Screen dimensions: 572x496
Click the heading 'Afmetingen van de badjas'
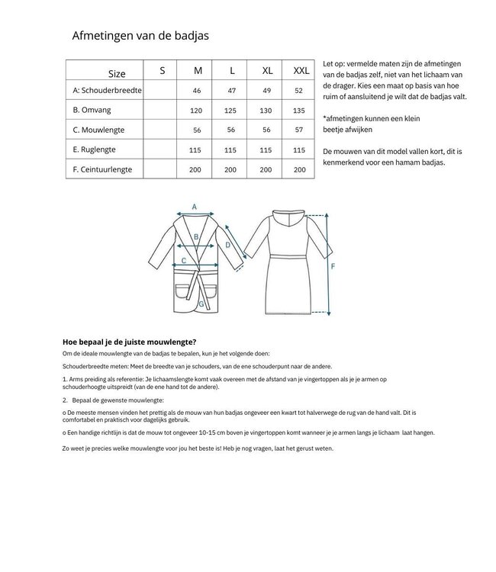click(x=140, y=35)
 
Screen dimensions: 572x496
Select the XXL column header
click(x=301, y=71)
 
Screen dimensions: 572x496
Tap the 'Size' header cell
click(x=117, y=74)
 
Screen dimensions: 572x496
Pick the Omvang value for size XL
click(x=267, y=110)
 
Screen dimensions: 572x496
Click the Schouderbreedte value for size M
click(x=198, y=91)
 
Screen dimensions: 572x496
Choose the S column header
click(x=162, y=71)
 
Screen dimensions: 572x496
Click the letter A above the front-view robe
click(x=195, y=207)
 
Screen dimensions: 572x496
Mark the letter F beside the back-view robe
click(x=333, y=267)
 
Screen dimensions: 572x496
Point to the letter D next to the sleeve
click(x=227, y=245)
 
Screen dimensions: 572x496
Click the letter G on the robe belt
click(x=201, y=304)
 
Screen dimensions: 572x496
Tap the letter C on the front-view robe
click(x=183, y=261)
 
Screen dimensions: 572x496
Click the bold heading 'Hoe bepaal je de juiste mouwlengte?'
click(x=134, y=342)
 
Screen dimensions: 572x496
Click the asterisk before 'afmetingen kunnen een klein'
click(x=325, y=119)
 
